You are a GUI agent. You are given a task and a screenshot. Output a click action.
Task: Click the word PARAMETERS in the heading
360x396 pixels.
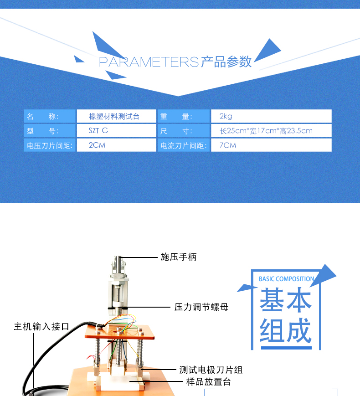[x=149, y=62]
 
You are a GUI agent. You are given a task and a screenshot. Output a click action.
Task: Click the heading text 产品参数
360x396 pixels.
[x=226, y=62]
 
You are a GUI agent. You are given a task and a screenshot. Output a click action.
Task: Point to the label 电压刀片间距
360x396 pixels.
[x=50, y=145]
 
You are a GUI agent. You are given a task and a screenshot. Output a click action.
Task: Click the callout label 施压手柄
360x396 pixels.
[x=179, y=257]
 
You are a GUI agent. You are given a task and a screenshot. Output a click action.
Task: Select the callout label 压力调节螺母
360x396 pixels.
[x=201, y=307]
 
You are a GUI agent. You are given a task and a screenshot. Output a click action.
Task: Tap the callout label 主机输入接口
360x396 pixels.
[x=41, y=326]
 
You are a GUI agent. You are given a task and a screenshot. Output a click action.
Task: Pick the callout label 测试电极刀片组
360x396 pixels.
[x=211, y=370]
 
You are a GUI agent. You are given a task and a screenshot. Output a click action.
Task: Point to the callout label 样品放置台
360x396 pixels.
[x=208, y=382]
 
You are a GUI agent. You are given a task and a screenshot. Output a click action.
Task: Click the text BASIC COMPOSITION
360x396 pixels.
[x=286, y=279]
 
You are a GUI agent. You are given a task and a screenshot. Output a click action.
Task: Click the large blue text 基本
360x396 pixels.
[x=286, y=301]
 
